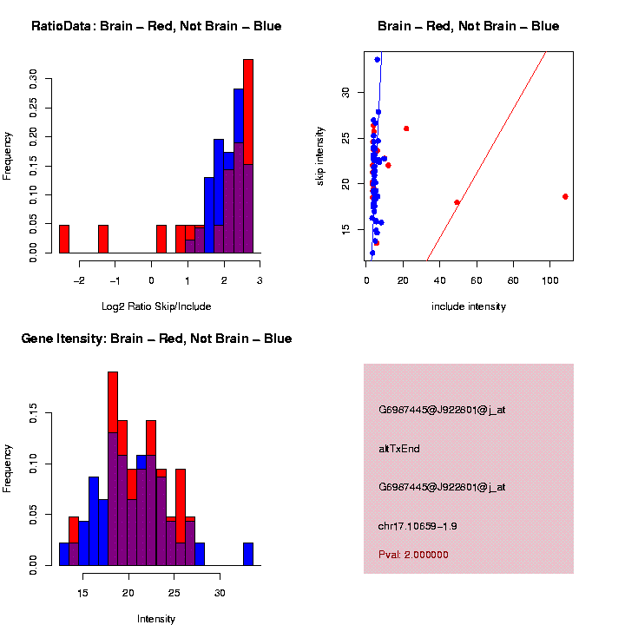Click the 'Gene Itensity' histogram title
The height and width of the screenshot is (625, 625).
click(x=156, y=339)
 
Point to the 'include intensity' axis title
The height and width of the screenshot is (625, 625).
click(x=469, y=306)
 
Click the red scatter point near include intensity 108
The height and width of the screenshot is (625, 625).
click(x=565, y=196)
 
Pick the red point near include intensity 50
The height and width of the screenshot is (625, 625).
click(x=457, y=202)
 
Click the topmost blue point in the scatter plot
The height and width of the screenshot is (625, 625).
click(x=377, y=60)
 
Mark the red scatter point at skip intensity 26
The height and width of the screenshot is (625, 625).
click(x=406, y=128)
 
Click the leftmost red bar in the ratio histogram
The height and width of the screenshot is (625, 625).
click(x=63, y=239)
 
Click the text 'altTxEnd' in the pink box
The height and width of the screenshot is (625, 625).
click(x=399, y=449)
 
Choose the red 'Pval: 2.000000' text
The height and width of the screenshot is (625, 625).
click(x=413, y=555)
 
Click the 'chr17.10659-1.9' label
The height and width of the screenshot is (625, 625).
click(x=418, y=526)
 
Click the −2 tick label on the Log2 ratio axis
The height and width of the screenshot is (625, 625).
click(x=79, y=280)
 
